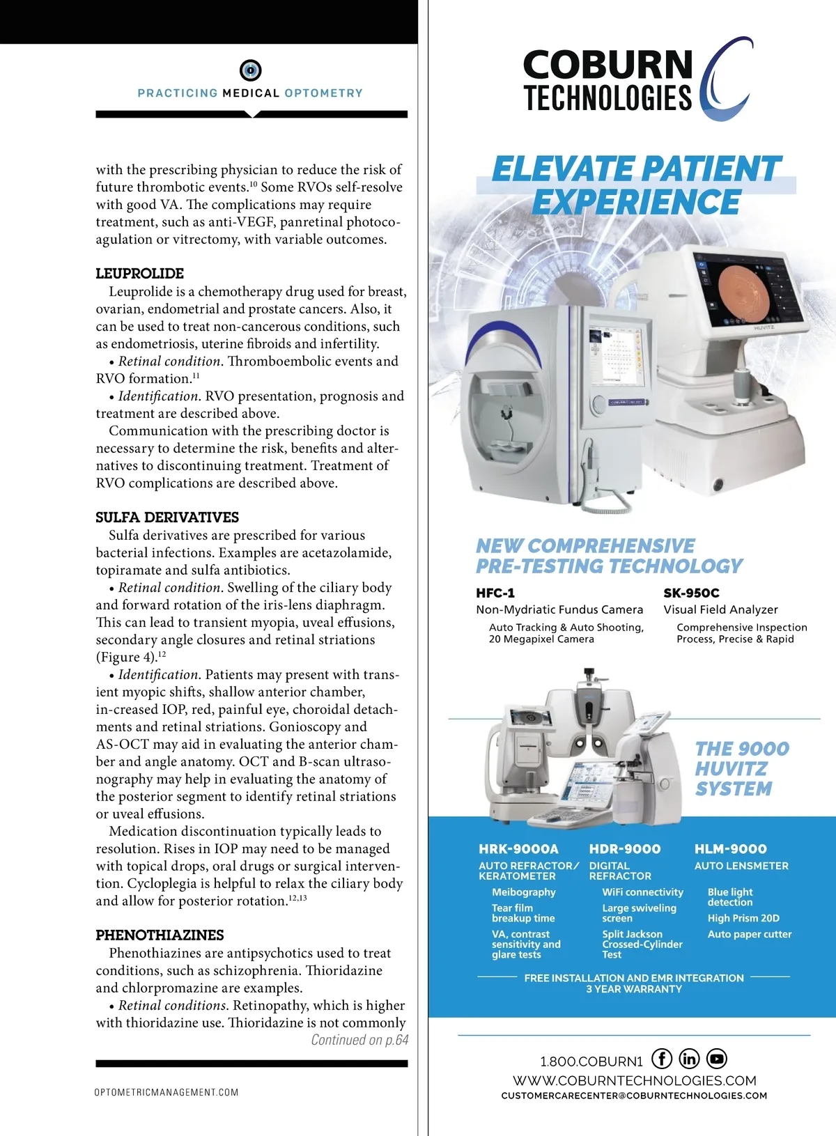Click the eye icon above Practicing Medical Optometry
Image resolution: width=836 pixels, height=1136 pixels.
pos(250,70)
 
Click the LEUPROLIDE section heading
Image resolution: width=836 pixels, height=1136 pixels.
pos(140,274)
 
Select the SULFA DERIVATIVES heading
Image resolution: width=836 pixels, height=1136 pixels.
pos(167,518)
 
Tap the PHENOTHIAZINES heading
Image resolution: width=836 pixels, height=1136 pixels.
pos(160,935)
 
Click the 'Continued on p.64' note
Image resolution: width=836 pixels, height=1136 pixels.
pos(359,1040)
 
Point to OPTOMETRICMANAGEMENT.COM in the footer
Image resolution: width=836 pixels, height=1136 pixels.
pos(167,1092)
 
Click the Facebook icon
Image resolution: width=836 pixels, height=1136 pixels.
pos(662,1059)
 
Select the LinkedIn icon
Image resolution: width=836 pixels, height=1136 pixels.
pos(689,1059)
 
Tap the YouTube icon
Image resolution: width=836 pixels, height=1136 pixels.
pos(717,1059)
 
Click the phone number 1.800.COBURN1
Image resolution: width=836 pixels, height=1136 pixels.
pos(591,1061)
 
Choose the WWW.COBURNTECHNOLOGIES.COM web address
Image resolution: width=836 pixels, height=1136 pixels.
pos(635,1081)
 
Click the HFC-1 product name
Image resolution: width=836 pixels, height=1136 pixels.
pos(495,593)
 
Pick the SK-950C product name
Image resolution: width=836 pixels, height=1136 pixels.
pos(691,593)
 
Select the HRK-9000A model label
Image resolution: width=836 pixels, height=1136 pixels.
pos(518,849)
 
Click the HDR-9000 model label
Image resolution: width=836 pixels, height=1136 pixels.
pos(625,849)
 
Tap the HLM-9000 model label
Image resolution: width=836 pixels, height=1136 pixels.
pos(730,849)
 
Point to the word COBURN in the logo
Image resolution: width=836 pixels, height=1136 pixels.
pos(608,65)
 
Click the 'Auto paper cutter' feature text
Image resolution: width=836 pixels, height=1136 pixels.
pos(750,934)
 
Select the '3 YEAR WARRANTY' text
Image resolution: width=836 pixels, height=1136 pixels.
pos(634,989)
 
